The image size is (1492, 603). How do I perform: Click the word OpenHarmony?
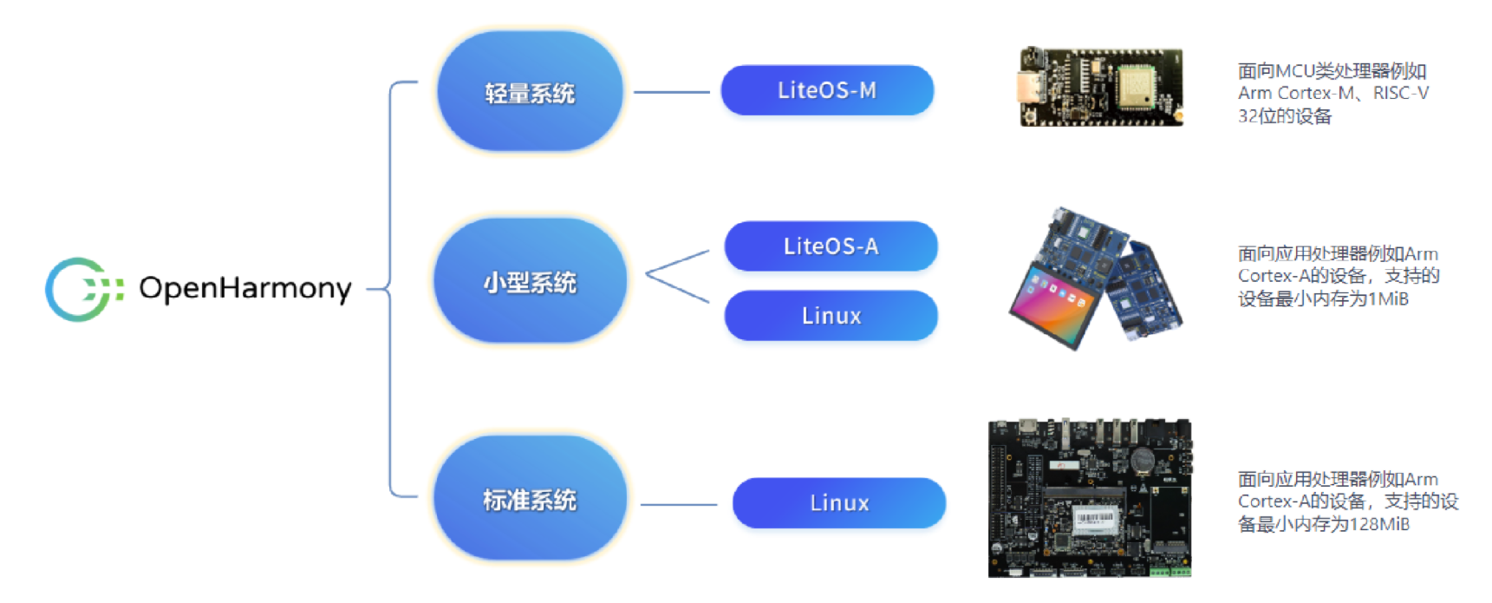(x=245, y=288)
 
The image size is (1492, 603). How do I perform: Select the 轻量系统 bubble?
(x=530, y=92)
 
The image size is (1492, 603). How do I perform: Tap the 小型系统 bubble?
(x=530, y=281)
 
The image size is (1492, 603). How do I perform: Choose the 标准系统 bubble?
(x=530, y=499)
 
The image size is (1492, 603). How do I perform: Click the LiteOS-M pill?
(x=827, y=90)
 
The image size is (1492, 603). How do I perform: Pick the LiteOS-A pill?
(x=831, y=246)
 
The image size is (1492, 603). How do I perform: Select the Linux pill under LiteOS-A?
(x=831, y=316)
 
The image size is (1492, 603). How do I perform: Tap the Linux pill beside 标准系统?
(x=838, y=503)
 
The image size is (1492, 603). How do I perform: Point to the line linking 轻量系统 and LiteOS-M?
(x=672, y=92)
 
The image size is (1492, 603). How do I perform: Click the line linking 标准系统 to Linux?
(x=679, y=504)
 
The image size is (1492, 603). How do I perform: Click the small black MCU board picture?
(x=1101, y=87)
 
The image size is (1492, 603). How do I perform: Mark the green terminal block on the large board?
(x=1169, y=571)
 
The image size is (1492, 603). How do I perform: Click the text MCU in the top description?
(x=1294, y=71)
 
